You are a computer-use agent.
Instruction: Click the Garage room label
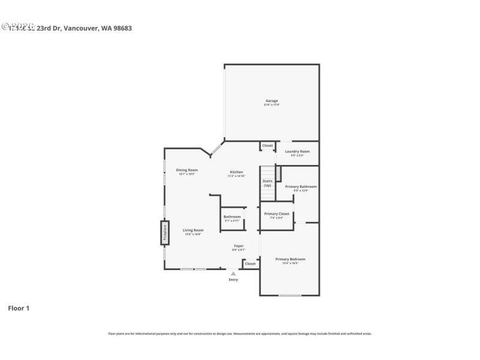coord(271,101)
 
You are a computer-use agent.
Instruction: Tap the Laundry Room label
coord(297,152)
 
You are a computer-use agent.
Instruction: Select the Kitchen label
coord(236,172)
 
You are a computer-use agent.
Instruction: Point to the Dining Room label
coord(187,170)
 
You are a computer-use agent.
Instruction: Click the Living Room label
coord(193,230)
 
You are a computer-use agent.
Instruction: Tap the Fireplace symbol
coord(165,232)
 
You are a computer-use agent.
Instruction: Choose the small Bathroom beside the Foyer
coord(232,217)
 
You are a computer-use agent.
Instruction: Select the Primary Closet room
coord(277,214)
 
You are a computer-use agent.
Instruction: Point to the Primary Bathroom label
coord(301,187)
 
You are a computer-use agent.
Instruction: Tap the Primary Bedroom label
coord(290,260)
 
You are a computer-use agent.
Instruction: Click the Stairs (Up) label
coord(268,183)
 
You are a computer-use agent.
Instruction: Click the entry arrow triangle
coord(233,273)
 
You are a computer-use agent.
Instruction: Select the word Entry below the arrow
coord(233,280)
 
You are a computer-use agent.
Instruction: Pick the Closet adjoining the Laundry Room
coord(267,146)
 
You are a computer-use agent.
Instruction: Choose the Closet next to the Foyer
coord(250,263)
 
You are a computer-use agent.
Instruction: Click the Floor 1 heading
coord(18,308)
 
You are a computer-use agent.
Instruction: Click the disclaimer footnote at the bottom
coord(239,333)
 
